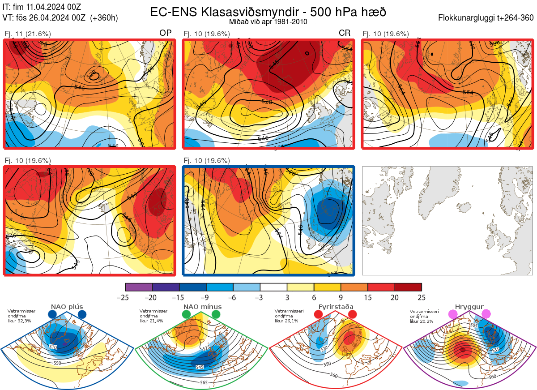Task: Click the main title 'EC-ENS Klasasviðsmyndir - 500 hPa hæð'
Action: pos(268,12)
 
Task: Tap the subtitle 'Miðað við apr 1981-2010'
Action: pos(268,21)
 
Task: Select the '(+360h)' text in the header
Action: pos(104,18)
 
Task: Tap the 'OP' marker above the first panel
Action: pos(165,33)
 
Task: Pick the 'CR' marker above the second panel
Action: pos(345,33)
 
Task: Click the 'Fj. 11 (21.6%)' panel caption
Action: pos(27,34)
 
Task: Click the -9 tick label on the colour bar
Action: pos(206,297)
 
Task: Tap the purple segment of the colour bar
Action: pos(139,287)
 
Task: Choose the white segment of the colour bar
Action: pos(273,287)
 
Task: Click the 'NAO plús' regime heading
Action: pos(67,307)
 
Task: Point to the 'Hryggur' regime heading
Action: pos(469,307)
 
